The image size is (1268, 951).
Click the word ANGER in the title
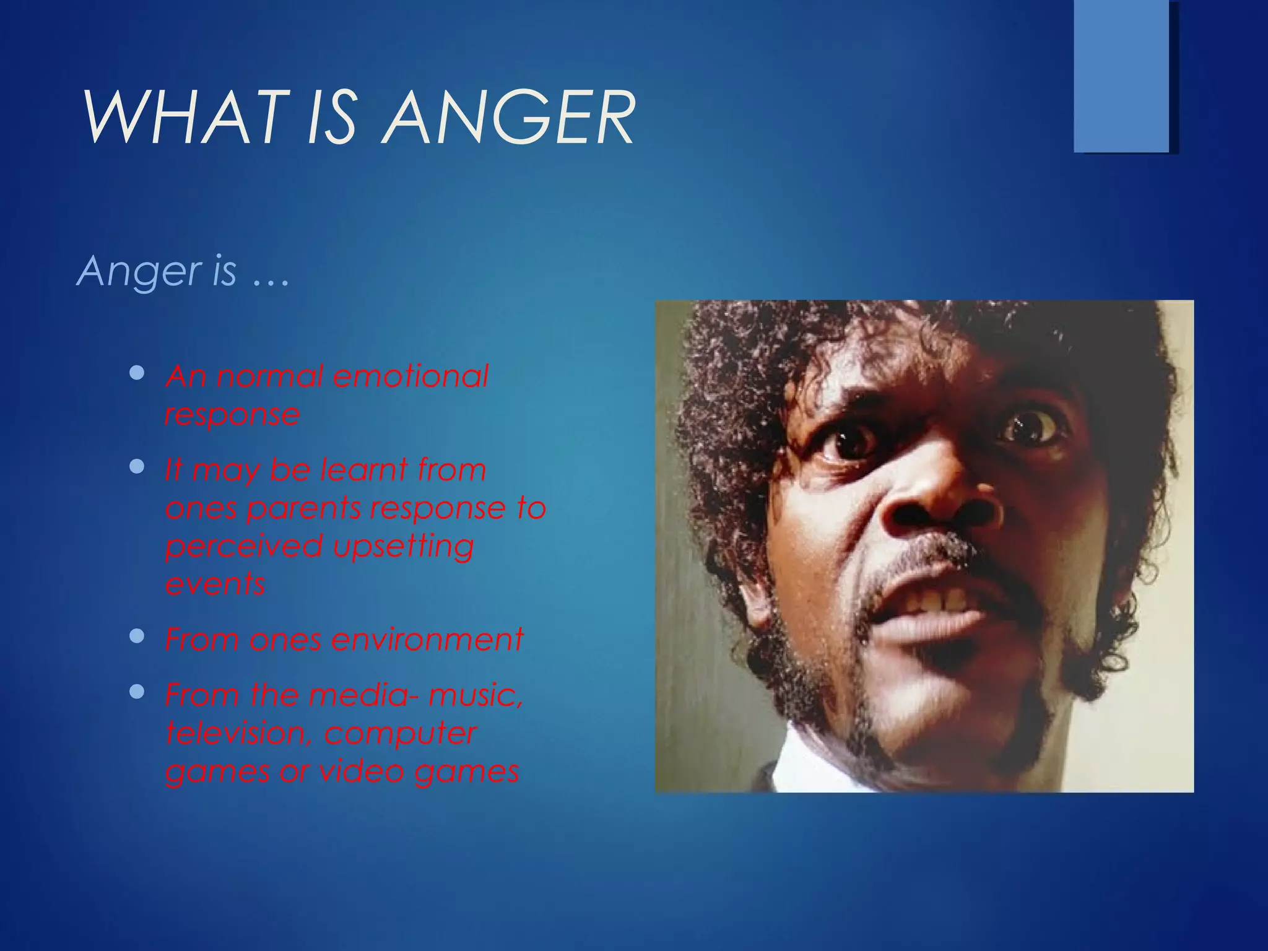(508, 118)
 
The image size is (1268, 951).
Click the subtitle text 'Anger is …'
(183, 271)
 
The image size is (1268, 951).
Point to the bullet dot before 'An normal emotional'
(137, 373)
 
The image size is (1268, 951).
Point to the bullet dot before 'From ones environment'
(137, 636)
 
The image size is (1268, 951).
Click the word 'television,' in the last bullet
(239, 734)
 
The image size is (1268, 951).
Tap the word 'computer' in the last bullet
(400, 734)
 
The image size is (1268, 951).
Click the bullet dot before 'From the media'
(137, 692)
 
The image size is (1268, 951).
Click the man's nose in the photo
(935, 502)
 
